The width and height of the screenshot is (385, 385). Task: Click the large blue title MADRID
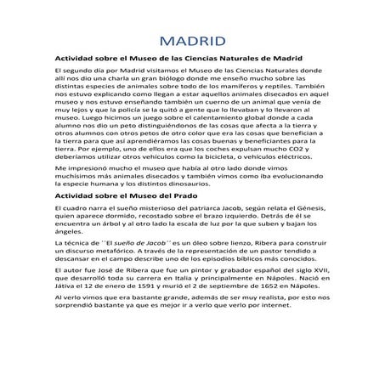(192, 42)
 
